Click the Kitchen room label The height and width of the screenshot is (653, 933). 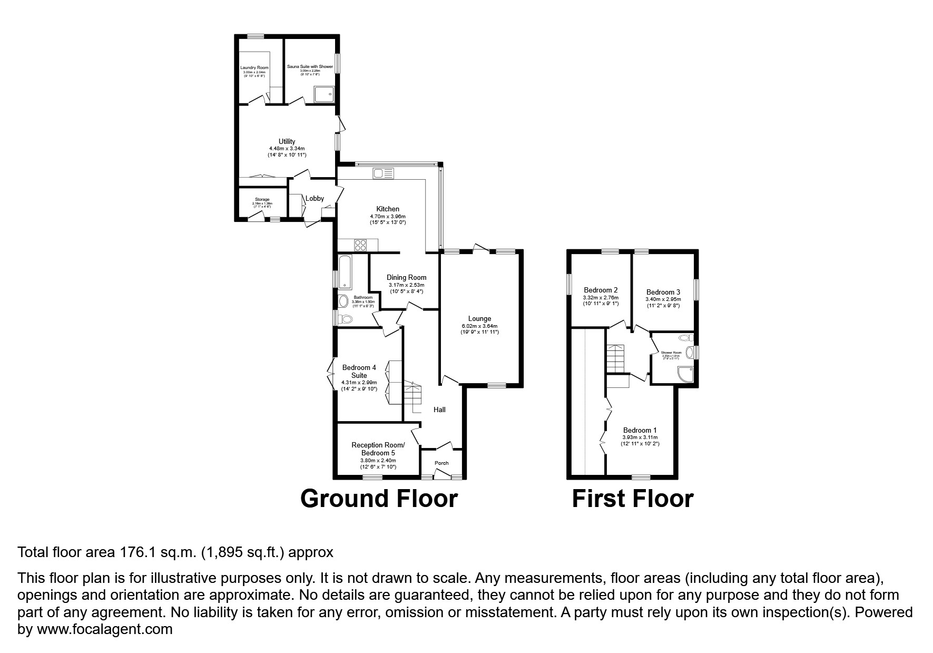tap(387, 209)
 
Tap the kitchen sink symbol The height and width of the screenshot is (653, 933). tap(383, 173)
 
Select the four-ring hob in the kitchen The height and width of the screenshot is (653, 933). tap(361, 245)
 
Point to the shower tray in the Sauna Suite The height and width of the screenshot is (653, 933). tap(323, 95)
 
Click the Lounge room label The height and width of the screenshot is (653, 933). tap(479, 318)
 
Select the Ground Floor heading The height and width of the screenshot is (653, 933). tap(379, 498)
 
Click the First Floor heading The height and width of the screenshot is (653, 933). tap(632, 498)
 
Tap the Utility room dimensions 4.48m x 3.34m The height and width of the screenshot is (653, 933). tap(287, 149)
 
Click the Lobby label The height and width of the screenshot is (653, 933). tap(315, 198)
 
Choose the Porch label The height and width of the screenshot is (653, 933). tap(441, 463)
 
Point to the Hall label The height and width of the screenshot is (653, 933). tap(439, 410)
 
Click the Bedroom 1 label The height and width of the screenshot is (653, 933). tap(640, 430)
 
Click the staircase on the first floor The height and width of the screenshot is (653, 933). tap(615, 358)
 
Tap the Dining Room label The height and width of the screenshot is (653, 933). tap(406, 277)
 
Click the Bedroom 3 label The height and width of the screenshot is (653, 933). tap(663, 292)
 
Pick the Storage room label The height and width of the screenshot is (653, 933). tap(262, 200)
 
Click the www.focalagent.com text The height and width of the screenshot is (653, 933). tap(104, 629)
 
